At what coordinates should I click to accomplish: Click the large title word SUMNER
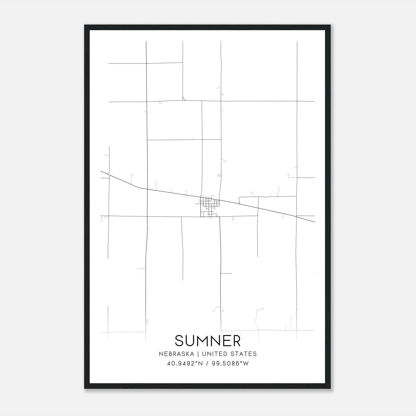208,341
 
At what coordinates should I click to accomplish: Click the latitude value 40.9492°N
185,363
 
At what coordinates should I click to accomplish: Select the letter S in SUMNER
179,341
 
